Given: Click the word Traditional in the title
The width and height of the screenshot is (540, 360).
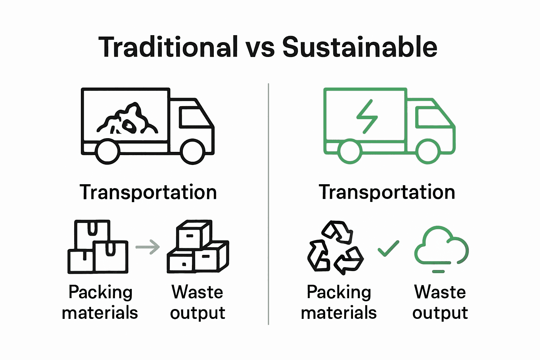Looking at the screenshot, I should [168, 47].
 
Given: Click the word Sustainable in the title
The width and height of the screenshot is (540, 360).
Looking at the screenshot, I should [360, 47].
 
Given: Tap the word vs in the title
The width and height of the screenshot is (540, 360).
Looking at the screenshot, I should [260, 49].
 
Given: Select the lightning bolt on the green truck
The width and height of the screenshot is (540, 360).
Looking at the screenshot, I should [367, 116].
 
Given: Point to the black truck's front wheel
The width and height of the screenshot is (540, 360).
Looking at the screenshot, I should [193, 152].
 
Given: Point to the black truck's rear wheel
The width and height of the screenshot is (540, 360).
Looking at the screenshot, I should [108, 152].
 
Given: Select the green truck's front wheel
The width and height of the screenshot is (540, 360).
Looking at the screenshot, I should [427, 152].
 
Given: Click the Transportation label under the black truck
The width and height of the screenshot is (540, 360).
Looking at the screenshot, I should [148, 192].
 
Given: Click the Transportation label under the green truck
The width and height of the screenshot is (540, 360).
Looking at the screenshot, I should [387, 192].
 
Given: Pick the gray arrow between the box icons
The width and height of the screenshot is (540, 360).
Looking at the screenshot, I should [148, 247].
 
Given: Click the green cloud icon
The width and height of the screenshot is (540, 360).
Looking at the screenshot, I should [442, 248].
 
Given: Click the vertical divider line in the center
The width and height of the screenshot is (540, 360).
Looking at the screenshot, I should [268, 204].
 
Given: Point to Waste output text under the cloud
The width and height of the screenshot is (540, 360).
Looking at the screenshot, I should [440, 302].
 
